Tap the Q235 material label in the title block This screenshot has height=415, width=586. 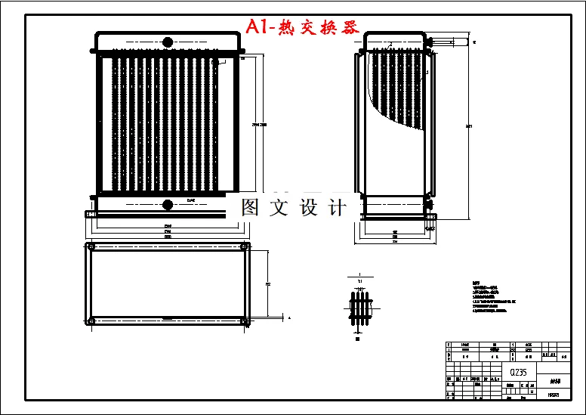(518, 373)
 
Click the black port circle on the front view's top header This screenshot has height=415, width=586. (168, 42)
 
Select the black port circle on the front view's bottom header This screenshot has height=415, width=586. (168, 203)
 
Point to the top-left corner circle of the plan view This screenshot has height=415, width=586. (91, 248)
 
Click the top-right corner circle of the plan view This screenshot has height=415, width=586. (244, 248)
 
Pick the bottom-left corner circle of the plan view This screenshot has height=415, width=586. (91, 321)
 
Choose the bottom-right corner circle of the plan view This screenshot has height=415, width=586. (244, 321)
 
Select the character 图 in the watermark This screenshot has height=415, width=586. (250, 208)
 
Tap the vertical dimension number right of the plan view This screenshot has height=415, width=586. (269, 284)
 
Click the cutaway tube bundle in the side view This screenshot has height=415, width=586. (396, 87)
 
